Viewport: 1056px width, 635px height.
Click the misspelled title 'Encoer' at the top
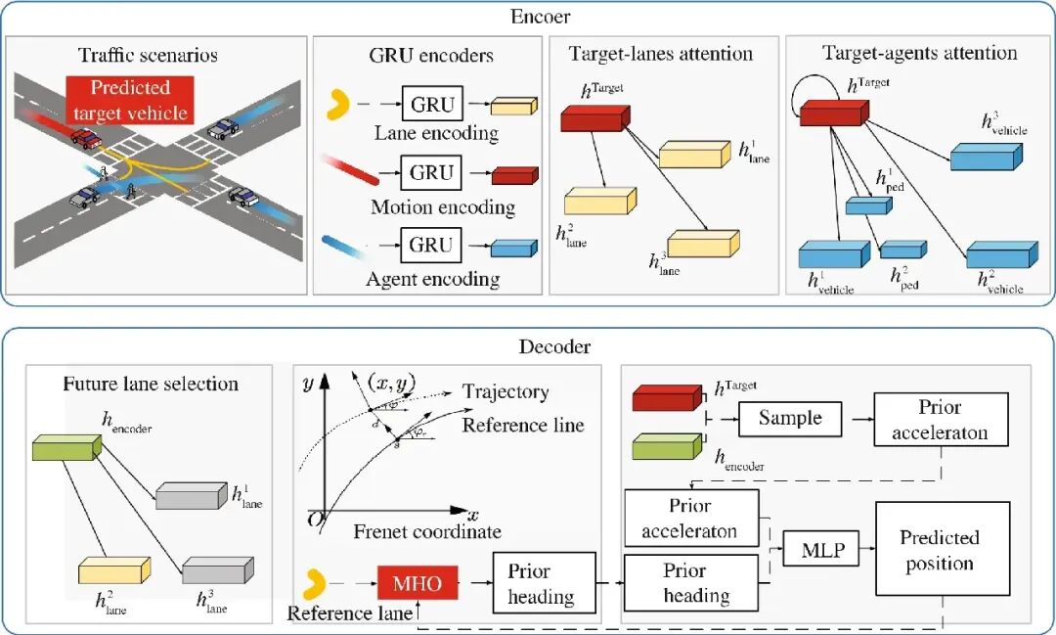pos(541,17)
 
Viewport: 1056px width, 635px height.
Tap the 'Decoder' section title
pos(541,346)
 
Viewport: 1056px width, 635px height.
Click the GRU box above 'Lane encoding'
pos(431,105)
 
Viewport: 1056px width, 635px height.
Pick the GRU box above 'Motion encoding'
pos(431,173)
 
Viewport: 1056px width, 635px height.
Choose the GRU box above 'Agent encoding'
pos(431,246)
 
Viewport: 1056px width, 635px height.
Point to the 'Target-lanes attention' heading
pos(661,54)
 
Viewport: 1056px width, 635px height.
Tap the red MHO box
pos(417,584)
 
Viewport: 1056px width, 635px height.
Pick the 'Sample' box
pos(789,419)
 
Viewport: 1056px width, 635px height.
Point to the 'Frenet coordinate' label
pos(427,532)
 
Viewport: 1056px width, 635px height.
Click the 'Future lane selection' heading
pos(151,383)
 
